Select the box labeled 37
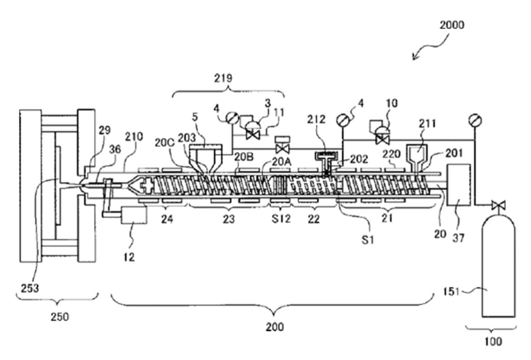[x=458, y=185]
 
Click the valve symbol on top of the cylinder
[x=494, y=206]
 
